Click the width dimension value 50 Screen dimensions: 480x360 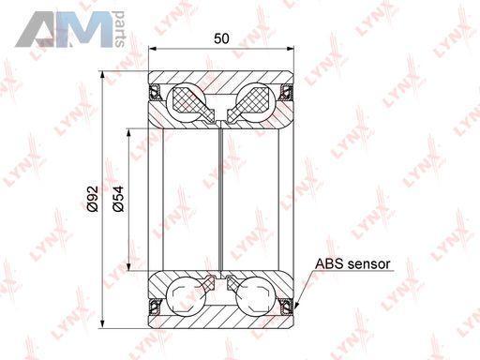[221, 38]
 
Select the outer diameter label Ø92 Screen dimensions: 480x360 [93, 199]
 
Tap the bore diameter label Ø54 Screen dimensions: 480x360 [118, 199]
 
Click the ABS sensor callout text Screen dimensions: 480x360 [352, 264]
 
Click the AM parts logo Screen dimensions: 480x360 [70, 29]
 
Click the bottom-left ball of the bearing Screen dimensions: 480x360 [186, 295]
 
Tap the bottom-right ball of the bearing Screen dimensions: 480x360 [255, 295]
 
